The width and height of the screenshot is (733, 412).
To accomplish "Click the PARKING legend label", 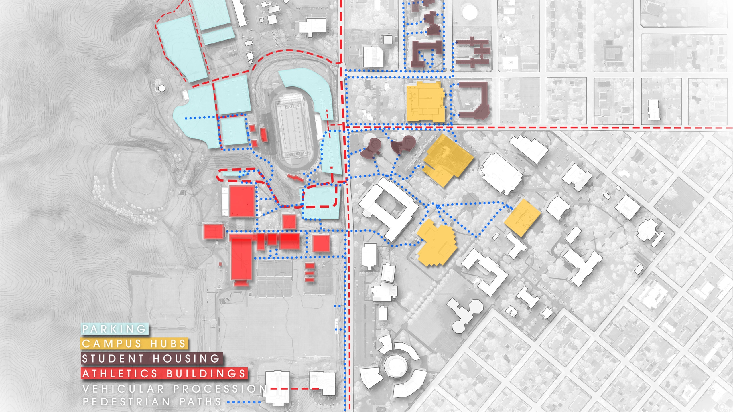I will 115,329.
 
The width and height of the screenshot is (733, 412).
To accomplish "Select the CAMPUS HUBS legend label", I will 134,344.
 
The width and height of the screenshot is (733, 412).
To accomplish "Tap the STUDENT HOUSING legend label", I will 151,358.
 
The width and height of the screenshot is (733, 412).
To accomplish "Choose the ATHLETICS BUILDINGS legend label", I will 164,373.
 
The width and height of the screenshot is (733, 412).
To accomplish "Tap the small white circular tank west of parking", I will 162,88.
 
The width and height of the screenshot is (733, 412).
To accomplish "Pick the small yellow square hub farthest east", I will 522,217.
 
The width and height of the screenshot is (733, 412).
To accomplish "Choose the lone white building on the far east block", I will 654,110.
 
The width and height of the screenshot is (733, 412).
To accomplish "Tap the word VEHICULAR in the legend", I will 123,389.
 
